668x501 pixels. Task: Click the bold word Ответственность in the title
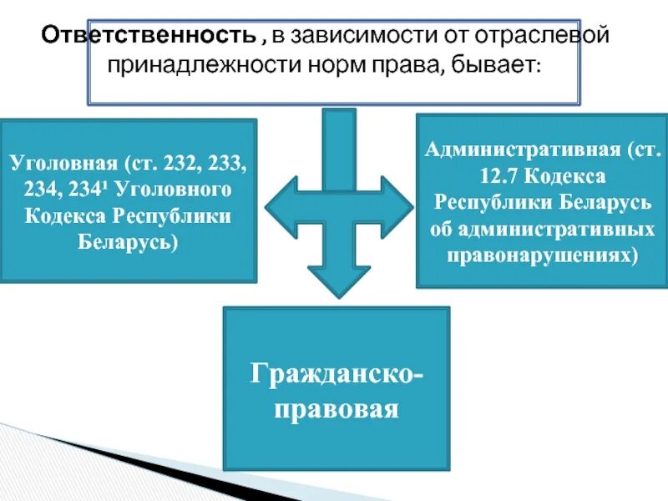click(x=149, y=37)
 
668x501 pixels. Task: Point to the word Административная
click(x=526, y=151)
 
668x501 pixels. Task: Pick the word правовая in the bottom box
click(x=337, y=409)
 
